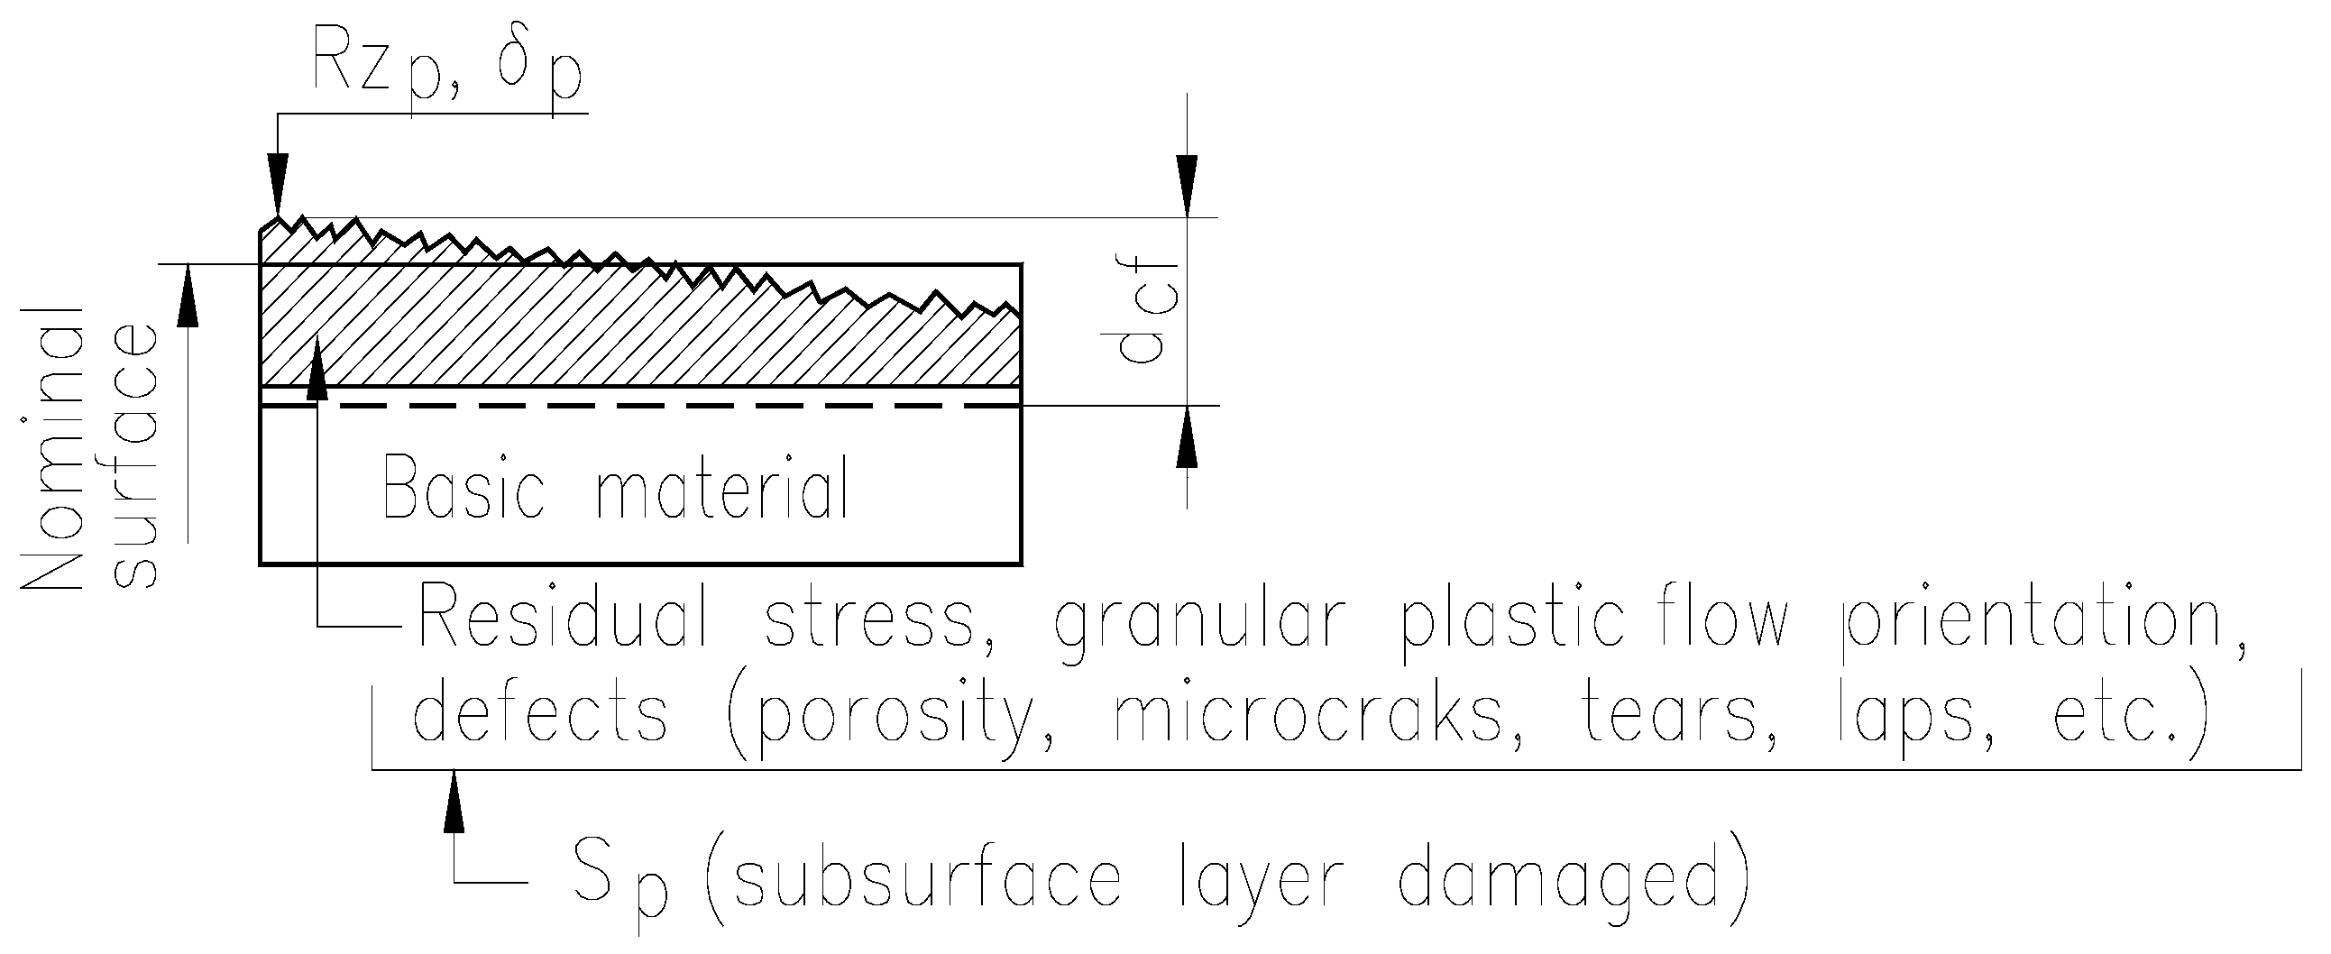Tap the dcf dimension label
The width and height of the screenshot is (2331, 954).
tap(1145, 313)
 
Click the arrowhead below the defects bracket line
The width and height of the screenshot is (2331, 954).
tap(454, 800)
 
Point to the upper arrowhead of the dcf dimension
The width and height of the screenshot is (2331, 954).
tap(1187, 185)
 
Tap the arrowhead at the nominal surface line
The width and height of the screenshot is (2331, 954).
tap(188, 293)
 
